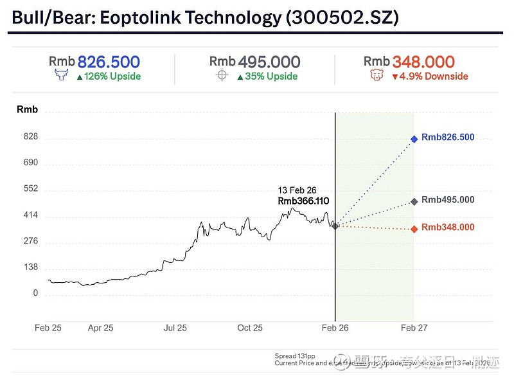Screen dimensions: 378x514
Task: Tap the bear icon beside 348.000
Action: tap(377, 76)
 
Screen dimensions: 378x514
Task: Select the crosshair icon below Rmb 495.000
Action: tap(222, 76)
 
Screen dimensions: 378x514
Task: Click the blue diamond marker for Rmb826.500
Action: tap(414, 138)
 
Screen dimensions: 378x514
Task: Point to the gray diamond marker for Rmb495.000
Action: tap(414, 201)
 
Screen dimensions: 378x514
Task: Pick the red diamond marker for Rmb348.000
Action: tap(414, 229)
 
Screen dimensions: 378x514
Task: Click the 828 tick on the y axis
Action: tap(31, 137)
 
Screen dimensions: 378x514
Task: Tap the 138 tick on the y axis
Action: tap(31, 267)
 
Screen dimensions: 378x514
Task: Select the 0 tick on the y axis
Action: tap(35, 294)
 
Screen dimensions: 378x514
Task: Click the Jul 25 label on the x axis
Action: tap(175, 328)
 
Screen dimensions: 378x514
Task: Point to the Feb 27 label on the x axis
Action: tap(414, 328)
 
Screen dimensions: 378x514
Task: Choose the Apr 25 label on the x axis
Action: tap(100, 328)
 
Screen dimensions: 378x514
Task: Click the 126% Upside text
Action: tap(112, 76)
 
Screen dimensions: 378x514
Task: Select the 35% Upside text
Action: tap(271, 76)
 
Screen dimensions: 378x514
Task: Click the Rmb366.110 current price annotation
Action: tap(303, 201)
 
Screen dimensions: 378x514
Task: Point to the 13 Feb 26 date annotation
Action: tap(297, 190)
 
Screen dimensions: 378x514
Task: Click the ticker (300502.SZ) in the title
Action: tap(342, 17)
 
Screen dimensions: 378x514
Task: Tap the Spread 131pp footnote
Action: tap(294, 355)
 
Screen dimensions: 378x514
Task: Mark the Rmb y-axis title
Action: tap(27, 110)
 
